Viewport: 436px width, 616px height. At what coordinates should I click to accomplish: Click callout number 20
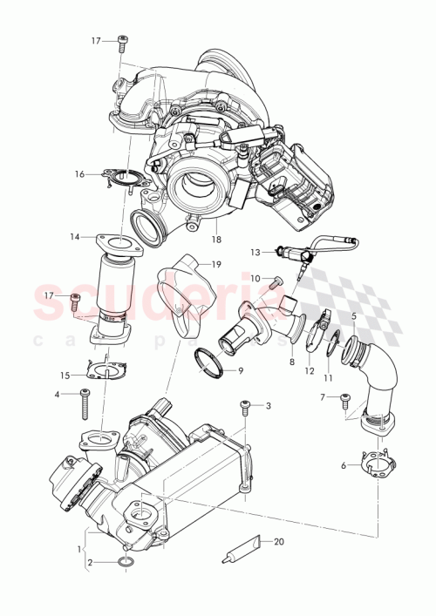[279, 540]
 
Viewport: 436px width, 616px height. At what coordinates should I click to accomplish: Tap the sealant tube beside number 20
[236, 549]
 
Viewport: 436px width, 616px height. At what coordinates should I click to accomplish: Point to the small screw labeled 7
[346, 399]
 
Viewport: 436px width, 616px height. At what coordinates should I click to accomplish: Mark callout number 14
[75, 236]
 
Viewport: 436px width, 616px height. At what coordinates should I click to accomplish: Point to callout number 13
[255, 252]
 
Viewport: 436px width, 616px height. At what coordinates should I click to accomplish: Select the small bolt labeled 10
[276, 281]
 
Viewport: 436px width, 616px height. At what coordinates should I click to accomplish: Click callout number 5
[353, 315]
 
